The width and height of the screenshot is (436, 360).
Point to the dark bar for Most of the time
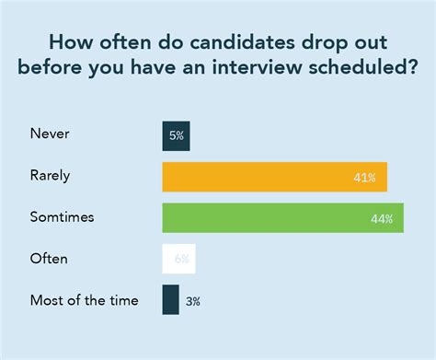click(x=170, y=300)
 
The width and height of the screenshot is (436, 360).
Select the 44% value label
click(x=383, y=218)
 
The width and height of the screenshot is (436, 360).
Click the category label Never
click(x=50, y=134)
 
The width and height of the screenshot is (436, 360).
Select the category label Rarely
click(x=52, y=176)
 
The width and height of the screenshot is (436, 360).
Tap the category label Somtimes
click(x=63, y=217)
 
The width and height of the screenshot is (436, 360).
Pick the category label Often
click(x=49, y=259)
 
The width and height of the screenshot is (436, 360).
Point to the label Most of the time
click(x=84, y=300)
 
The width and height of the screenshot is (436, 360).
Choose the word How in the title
click(x=68, y=42)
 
